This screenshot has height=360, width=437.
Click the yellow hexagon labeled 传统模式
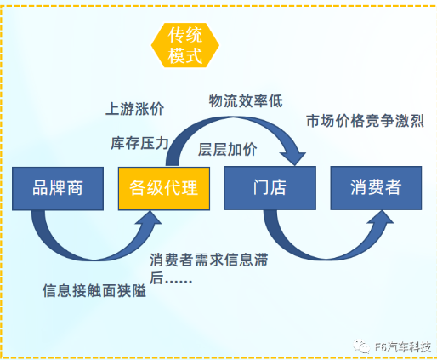(x=185, y=45)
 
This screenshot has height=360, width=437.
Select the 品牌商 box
(x=58, y=188)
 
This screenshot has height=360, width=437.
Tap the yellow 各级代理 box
(x=164, y=188)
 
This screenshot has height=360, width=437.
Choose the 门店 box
(x=270, y=188)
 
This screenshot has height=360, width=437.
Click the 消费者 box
(x=376, y=188)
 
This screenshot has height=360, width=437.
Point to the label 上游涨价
(x=135, y=109)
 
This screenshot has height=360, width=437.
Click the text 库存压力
(x=139, y=143)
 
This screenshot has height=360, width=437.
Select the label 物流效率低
(x=246, y=101)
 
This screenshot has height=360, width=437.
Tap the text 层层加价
(x=227, y=150)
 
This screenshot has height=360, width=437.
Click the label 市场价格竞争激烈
(x=365, y=121)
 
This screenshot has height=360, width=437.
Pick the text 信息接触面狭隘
(x=94, y=290)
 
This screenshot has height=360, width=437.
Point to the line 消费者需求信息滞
(x=209, y=260)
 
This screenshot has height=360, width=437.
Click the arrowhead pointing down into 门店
(x=293, y=157)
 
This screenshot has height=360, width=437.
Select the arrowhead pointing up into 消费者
(x=381, y=218)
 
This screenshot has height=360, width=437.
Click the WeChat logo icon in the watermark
(x=361, y=346)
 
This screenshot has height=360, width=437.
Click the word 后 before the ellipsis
(x=156, y=278)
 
